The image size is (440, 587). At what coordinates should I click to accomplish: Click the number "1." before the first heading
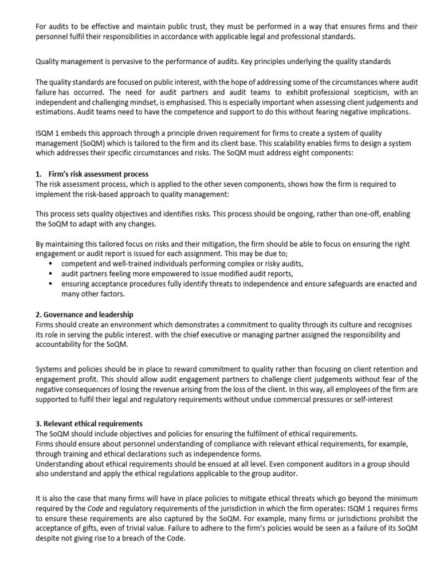[x=38, y=174]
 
